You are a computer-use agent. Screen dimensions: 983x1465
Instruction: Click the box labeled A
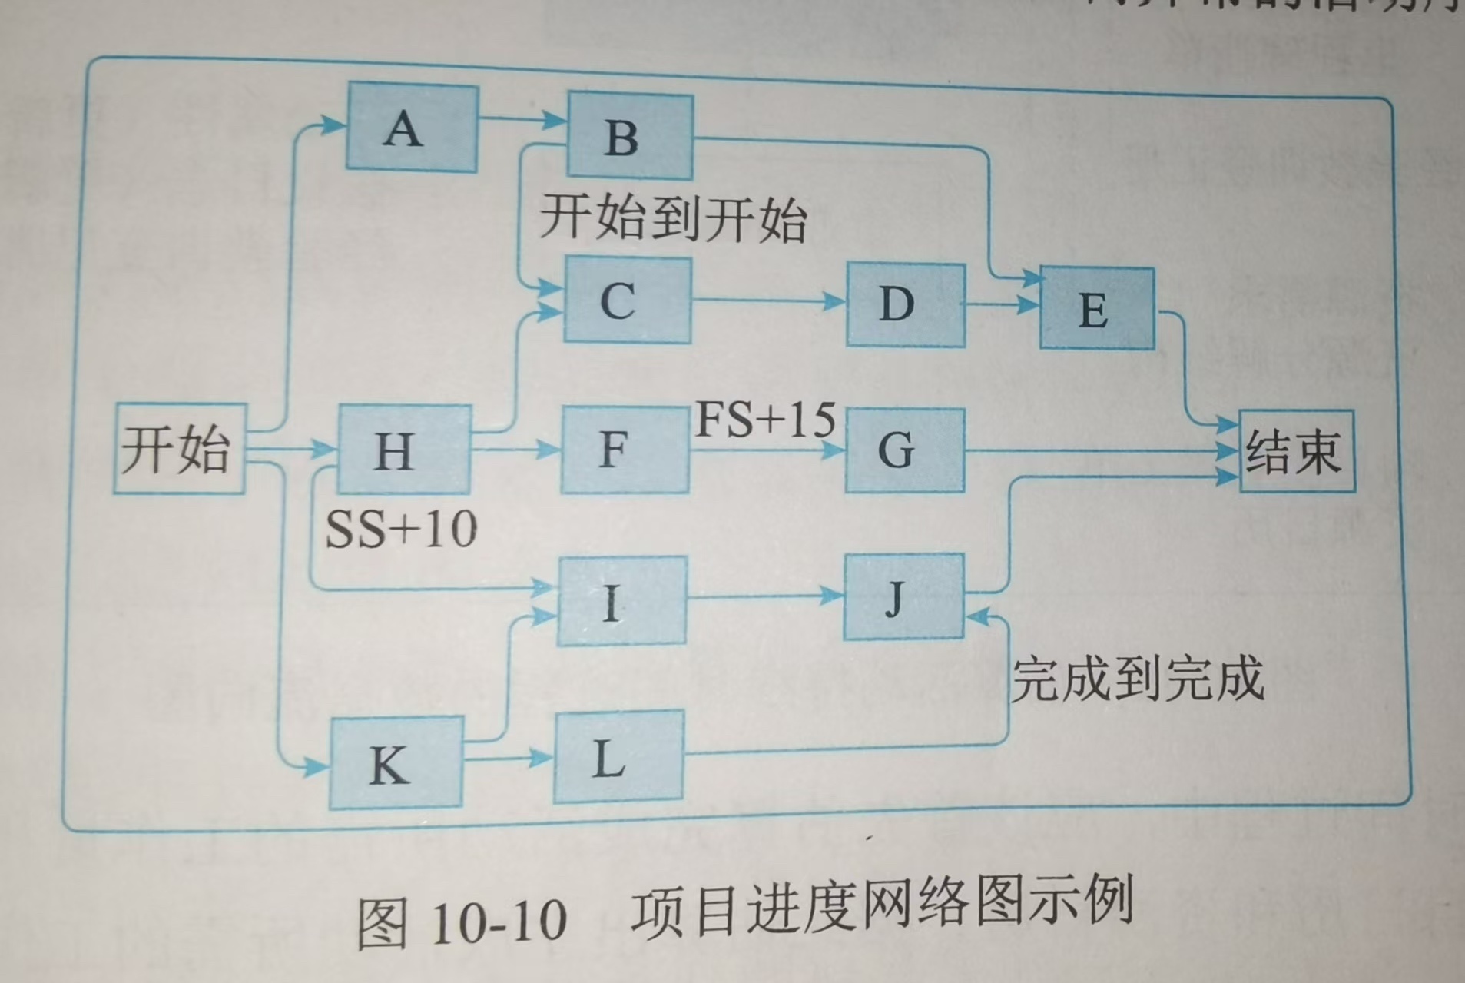coord(412,128)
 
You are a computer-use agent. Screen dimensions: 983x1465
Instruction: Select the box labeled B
coord(630,137)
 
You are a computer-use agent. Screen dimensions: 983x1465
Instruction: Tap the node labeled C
coord(627,300)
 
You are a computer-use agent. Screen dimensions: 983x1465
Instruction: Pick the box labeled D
coord(905,304)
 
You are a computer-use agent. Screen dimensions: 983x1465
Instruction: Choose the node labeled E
coord(1096,309)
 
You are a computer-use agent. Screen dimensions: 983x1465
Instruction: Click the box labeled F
coord(625,449)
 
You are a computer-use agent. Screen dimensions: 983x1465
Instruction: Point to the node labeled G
coord(904,450)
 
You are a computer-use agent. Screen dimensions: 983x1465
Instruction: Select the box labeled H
coord(404,450)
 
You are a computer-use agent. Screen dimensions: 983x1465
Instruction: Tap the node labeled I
coord(621,600)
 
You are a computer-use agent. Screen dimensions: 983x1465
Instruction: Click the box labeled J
coord(903,596)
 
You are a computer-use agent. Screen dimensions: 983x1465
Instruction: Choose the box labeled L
coord(618,758)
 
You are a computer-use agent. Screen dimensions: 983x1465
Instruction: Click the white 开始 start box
coord(179,448)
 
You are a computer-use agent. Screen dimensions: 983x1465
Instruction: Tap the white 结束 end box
coord(1296,451)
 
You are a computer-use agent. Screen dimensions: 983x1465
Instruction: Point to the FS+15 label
coord(765,420)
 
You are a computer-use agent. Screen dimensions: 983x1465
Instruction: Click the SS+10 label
coord(401,530)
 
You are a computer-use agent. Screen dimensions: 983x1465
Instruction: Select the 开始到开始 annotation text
coord(673,219)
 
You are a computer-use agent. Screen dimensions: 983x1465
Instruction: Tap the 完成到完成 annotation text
coord(1137,679)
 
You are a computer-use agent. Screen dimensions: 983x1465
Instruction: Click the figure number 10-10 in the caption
coord(499,920)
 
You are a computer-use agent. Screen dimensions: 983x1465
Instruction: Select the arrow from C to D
coord(768,301)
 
